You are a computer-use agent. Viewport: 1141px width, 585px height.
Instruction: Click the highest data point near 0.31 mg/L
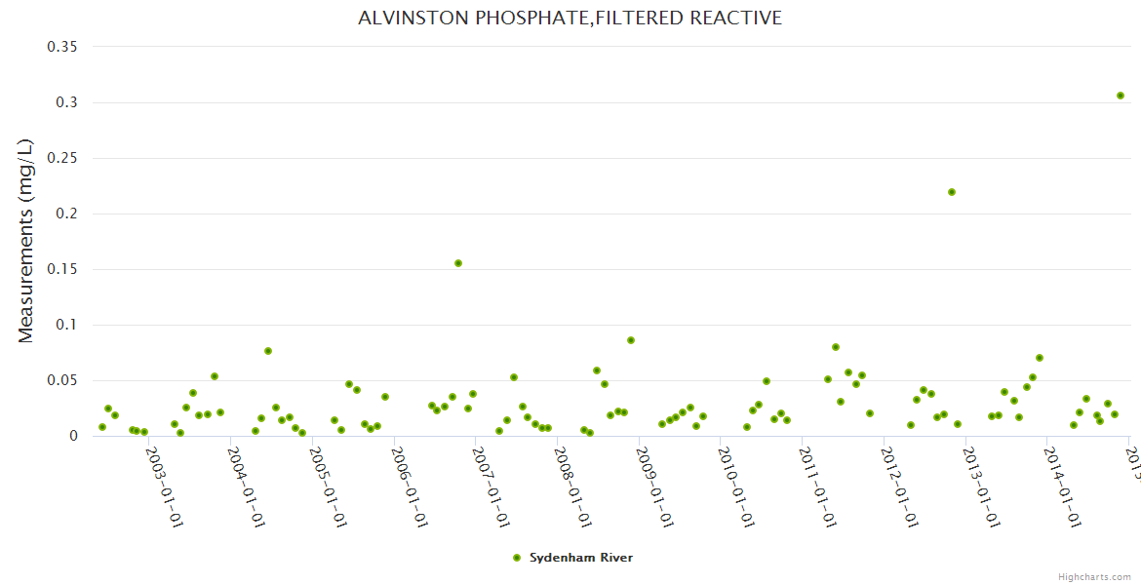1121,96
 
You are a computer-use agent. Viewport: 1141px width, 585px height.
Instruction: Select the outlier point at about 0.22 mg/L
952,192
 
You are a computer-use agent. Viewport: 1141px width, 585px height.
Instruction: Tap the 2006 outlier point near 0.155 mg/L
458,263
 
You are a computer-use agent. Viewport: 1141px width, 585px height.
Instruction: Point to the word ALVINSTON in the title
401,19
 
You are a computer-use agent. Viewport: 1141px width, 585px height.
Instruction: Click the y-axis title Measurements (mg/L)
26,240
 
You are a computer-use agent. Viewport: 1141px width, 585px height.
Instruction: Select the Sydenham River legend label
581,558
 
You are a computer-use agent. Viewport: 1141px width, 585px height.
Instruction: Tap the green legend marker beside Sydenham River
517,558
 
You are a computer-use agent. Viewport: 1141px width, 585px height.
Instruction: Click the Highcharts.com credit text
1094,576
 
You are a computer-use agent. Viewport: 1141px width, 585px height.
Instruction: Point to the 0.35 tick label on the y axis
62,47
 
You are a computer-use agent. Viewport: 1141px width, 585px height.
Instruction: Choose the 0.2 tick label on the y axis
67,214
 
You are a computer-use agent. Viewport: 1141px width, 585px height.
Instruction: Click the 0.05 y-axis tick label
62,380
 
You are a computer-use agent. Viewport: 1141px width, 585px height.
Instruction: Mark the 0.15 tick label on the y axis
62,269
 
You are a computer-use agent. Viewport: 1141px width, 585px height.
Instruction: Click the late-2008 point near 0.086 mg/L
631,340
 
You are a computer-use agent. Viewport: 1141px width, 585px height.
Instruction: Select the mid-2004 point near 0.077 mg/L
268,351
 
